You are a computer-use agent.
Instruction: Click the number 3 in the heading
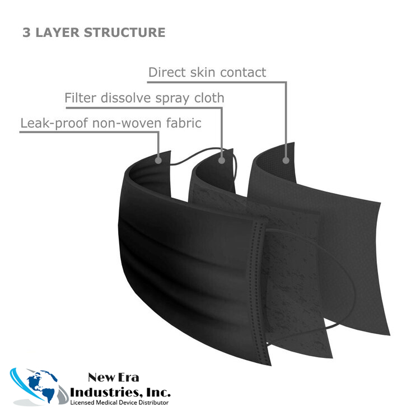coord(26,32)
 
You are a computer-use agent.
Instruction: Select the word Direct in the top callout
coord(166,72)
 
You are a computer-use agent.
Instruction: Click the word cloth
coord(208,98)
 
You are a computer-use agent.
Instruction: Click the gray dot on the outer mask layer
coord(158,160)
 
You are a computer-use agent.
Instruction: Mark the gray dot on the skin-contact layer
coord(286,160)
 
